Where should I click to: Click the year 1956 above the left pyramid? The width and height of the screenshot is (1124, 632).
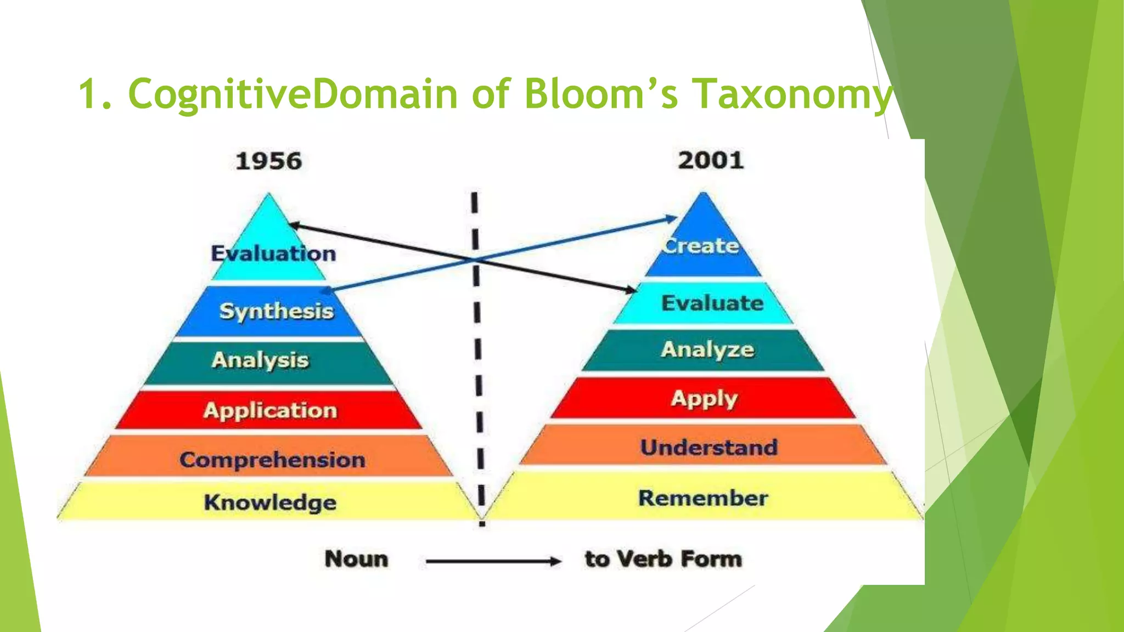pos(268,161)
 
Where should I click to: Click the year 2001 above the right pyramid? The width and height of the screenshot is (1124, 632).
pos(711,160)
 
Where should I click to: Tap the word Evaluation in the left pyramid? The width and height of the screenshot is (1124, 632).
pos(273,253)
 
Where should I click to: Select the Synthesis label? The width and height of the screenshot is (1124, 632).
pos(276,311)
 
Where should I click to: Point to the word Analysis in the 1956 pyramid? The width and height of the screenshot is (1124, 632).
pos(260,360)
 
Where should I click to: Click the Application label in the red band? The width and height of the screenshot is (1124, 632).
pos(270,410)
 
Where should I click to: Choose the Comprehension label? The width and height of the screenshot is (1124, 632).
pos(272,460)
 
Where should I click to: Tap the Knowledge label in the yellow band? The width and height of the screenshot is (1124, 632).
pos(270,502)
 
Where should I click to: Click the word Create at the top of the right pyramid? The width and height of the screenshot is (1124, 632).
pos(701,245)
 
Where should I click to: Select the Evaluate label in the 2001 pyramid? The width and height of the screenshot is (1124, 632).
pos(712,303)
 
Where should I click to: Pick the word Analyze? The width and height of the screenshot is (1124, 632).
pos(707,349)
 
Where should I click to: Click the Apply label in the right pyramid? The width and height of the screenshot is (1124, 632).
pos(704,399)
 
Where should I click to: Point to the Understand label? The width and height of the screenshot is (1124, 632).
pos(709,447)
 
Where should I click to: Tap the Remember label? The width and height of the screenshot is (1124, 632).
pos(703,498)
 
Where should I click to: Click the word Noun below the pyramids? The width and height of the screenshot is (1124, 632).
pos(356,559)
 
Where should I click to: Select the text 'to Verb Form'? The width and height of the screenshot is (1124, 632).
pos(663,559)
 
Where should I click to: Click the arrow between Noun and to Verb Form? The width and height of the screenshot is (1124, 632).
pos(492,561)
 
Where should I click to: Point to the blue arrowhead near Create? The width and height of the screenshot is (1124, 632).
pos(672,219)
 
